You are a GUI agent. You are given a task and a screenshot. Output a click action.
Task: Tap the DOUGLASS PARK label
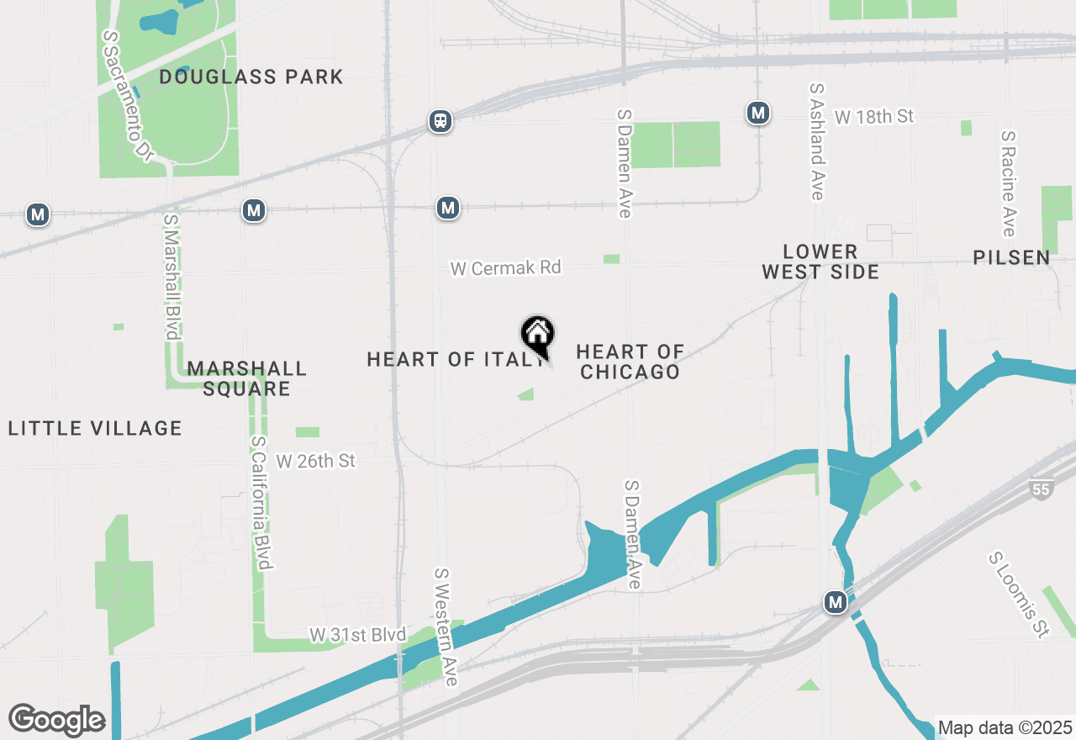point(251,77)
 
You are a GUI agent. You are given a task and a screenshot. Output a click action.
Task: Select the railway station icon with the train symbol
point(440,121)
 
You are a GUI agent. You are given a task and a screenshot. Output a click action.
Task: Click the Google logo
point(56,720)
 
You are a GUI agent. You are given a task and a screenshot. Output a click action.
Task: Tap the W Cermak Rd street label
point(505,267)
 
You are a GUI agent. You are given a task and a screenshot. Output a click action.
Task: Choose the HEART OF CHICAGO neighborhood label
point(630,362)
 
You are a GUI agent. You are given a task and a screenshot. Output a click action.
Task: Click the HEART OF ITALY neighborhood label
point(454,360)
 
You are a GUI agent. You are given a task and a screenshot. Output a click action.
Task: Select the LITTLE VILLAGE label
point(95,428)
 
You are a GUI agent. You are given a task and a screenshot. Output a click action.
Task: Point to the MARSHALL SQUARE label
point(246,378)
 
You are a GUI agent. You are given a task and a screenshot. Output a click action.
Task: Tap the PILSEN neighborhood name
point(1011,257)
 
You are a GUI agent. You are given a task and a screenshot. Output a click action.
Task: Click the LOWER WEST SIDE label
point(820,262)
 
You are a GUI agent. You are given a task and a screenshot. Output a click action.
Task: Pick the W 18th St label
point(874,116)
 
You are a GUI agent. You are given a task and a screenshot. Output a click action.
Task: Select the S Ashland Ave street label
point(815,141)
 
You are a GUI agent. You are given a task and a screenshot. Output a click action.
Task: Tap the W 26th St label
point(316,461)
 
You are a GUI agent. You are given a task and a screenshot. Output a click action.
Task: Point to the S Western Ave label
point(446,626)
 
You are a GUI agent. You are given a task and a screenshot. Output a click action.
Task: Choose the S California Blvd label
point(261,502)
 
